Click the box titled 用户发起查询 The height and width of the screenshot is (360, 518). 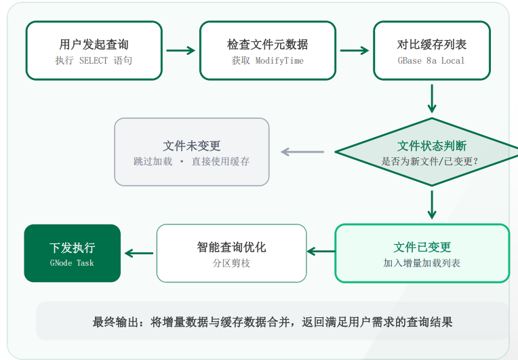tap(94, 51)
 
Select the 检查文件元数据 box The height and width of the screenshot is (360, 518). tap(268, 51)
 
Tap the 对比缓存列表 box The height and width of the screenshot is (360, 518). tap(432, 51)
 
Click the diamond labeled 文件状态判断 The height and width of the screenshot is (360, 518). tap(429, 152)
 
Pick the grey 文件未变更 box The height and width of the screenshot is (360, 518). tap(192, 152)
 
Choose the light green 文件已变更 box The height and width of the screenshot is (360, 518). tap(422, 254)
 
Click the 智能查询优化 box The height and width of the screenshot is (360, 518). tap(232, 254)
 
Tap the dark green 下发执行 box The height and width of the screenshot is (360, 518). tap(73, 254)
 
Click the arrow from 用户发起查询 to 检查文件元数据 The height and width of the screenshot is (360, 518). tap(181, 51)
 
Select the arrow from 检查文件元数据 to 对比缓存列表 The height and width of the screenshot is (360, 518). tap(355, 51)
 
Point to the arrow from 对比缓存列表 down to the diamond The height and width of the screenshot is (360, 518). tap(432, 99)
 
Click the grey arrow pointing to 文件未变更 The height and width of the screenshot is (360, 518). tap(302, 152)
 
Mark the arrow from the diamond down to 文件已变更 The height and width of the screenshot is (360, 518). tap(432, 205)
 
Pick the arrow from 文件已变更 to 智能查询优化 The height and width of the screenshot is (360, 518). tap(321, 252)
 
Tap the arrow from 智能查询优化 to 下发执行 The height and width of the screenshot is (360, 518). tap(139, 254)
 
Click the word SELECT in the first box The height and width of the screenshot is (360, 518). tap(94, 61)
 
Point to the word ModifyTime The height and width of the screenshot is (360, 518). tap(279, 61)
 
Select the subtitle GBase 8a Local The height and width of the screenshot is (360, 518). tap(431, 61)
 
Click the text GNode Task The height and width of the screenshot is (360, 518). tap(72, 263)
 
